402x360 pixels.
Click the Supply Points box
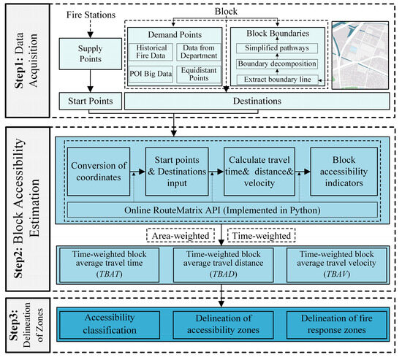click(x=90, y=54)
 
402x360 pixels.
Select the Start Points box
click(x=90, y=102)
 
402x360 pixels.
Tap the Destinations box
click(x=257, y=102)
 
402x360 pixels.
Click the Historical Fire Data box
click(x=151, y=52)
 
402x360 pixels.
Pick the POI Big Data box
click(x=151, y=74)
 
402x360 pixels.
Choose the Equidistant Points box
click(x=199, y=74)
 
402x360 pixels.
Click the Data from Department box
click(x=199, y=52)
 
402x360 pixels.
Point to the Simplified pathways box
click(x=277, y=48)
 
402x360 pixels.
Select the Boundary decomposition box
click(x=277, y=64)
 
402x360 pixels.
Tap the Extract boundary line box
click(x=277, y=80)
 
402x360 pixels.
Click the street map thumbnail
click(x=360, y=55)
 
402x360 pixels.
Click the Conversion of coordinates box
click(x=99, y=172)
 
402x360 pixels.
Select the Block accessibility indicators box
click(x=344, y=172)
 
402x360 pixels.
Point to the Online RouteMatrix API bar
click(x=222, y=210)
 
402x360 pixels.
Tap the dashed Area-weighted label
click(x=181, y=235)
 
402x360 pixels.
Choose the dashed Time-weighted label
click(x=262, y=235)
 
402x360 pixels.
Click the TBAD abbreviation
click(x=223, y=274)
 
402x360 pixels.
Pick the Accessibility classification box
click(x=110, y=324)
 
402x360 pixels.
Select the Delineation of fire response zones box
click(x=337, y=324)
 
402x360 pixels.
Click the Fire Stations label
click(x=91, y=15)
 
